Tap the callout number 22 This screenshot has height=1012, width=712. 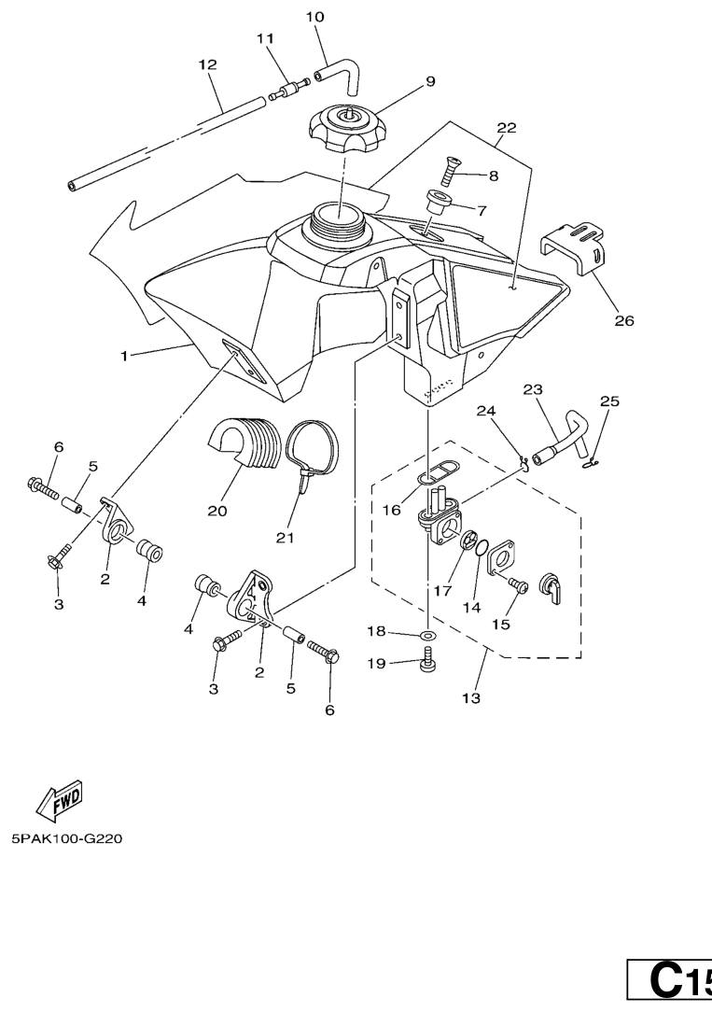pyautogui.click(x=507, y=127)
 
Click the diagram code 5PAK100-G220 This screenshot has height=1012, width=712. pyautogui.click(x=65, y=838)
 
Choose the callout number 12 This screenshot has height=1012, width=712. pyautogui.click(x=207, y=64)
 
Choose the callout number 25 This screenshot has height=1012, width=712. pyautogui.click(x=609, y=401)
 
